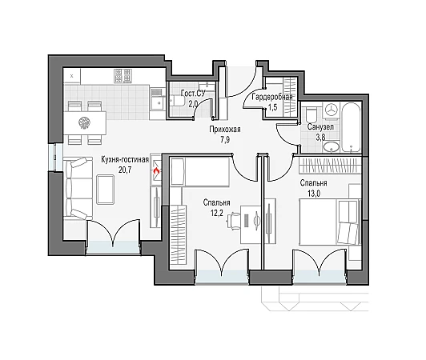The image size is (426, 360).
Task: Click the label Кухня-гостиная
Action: [125, 160]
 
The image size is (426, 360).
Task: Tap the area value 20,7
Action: [125, 170]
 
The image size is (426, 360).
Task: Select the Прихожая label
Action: [225, 130]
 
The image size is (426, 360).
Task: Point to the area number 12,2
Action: [216, 213]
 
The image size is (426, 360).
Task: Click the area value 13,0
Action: [314, 194]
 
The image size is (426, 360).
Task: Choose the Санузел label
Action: [320, 126]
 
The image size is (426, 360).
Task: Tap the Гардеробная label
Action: [272, 97]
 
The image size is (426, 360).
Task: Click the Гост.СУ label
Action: [193, 93]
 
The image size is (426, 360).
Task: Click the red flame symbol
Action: [156, 170]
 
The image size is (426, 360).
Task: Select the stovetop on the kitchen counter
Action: [123, 75]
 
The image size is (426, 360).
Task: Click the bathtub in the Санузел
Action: [351, 127]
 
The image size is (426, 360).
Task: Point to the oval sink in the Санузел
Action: [331, 147]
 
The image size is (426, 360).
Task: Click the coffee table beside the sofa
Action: [105, 190]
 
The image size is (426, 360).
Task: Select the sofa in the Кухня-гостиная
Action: [78, 188]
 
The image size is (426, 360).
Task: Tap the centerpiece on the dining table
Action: [85, 123]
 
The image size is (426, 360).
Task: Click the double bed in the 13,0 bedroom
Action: [330, 222]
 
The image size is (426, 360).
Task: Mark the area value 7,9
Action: [224, 140]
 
